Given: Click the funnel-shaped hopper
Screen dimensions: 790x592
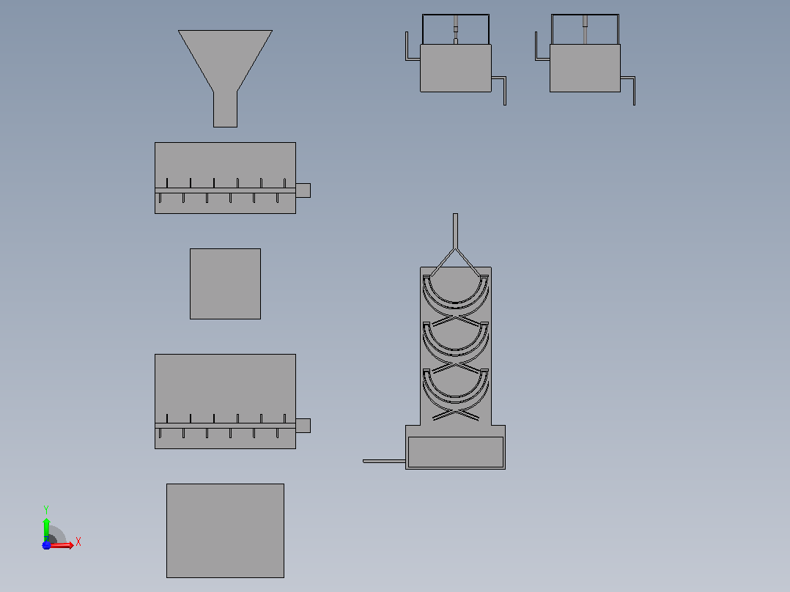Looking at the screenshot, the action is (225, 61).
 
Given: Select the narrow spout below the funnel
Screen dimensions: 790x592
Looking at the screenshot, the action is (225, 109).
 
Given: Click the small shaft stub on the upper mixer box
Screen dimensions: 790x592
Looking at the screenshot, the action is (303, 190).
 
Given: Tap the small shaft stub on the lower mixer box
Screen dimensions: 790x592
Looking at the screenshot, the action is (303, 425).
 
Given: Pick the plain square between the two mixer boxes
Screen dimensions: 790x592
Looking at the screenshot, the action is (225, 284).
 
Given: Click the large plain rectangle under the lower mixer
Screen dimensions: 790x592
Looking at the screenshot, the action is (225, 530).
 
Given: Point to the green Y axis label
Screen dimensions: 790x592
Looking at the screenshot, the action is (46, 509).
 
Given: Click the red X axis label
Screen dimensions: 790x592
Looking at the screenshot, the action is (78, 541).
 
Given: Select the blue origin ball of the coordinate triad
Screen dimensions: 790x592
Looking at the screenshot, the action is (46, 545).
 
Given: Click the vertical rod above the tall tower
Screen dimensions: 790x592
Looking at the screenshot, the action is (456, 231).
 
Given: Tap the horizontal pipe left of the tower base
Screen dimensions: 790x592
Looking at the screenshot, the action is (384, 461).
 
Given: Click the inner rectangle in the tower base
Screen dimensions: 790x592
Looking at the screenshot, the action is (456, 452).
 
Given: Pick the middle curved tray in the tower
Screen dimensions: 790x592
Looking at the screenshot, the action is (456, 350).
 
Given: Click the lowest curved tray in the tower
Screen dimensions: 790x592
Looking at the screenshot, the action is (456, 398).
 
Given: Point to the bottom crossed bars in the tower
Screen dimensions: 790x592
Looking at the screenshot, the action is (456, 414).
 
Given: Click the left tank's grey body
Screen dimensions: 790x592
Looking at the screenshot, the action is (456, 68).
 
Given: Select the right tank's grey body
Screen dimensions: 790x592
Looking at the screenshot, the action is (585, 68).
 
